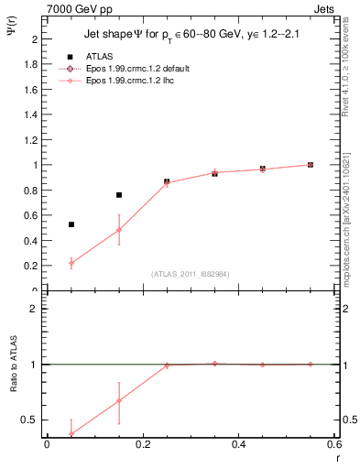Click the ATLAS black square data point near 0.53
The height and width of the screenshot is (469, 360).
click(71, 224)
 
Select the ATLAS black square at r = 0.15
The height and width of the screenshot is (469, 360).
click(119, 195)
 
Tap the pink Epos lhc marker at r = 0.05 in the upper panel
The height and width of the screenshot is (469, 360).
click(71, 263)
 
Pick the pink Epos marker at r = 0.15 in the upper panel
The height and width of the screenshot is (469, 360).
click(119, 229)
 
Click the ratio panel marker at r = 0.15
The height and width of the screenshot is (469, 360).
click(119, 400)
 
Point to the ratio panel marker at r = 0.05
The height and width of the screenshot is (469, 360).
click(71, 434)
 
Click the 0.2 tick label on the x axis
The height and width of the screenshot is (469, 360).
click(142, 445)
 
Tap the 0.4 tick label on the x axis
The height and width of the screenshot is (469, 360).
click(238, 445)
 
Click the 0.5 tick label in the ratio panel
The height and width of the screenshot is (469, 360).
click(30, 420)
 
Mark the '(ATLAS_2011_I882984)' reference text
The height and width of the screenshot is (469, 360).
click(190, 274)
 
